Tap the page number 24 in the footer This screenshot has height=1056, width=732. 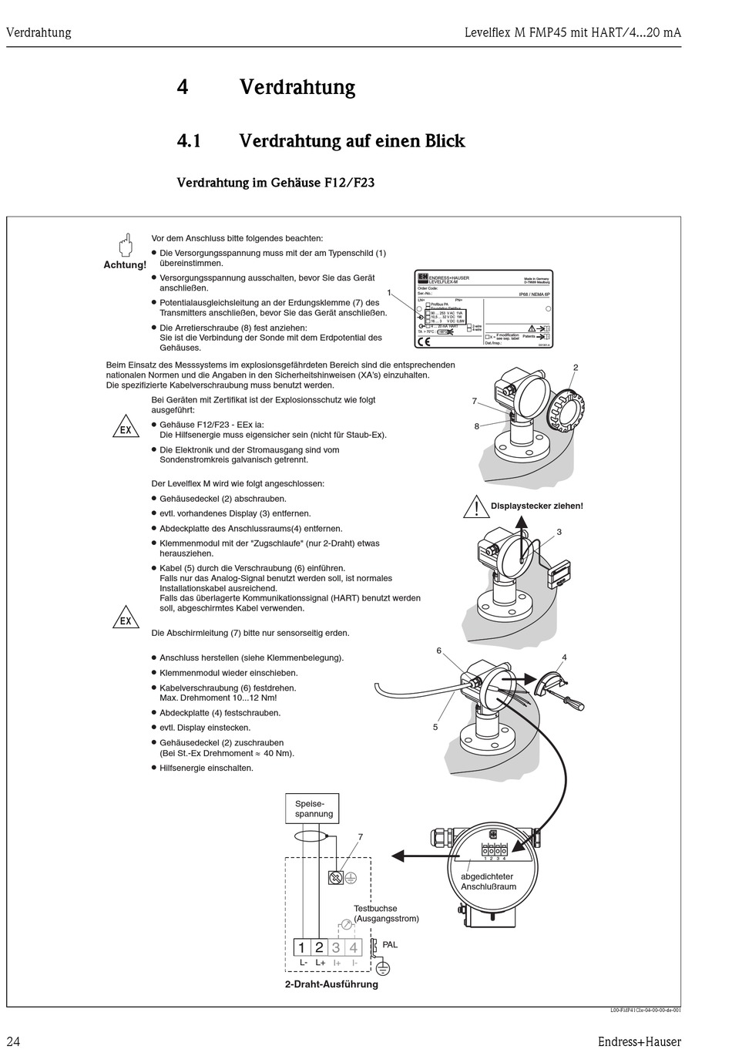coord(13,1041)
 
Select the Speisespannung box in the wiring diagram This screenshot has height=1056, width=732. coord(314,809)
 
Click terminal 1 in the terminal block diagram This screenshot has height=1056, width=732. coord(302,948)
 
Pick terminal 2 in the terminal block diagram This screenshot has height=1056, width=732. coord(319,948)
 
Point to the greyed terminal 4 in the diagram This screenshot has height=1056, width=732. coord(354,948)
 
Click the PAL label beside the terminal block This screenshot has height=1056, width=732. coord(390,944)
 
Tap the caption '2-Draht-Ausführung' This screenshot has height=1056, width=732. coord(331,984)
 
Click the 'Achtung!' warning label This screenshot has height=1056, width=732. coord(125,265)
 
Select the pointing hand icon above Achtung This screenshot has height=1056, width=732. coord(125,246)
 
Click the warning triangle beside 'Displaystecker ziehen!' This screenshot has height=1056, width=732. coord(476,506)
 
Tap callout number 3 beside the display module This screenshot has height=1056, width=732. coord(559,532)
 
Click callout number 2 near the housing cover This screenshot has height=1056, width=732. coord(575,368)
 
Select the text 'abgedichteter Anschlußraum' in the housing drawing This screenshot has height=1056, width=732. coord(487,881)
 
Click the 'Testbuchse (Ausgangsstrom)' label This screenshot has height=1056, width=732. coord(386,913)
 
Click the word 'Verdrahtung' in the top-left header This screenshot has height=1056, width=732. coord(39,32)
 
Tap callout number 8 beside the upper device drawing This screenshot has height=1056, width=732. coord(477,426)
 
